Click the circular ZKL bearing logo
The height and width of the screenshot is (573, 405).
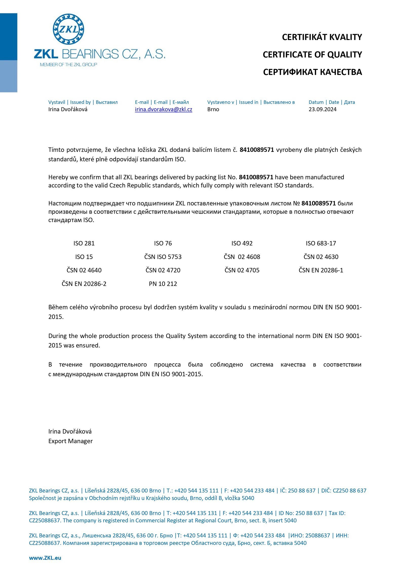coord(68,29)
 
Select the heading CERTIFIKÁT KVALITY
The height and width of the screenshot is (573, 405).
coord(322,37)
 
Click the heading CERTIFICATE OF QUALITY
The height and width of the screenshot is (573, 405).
coord(312,55)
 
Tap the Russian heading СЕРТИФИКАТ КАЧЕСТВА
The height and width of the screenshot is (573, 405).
coord(312,72)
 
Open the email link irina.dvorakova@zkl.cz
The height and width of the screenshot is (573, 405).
coord(163,109)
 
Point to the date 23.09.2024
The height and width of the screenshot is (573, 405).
coord(322,109)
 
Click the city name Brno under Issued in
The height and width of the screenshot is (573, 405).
coord(213,109)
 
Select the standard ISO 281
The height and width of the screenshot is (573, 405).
coord(84,243)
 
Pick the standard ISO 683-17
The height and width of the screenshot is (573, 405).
coord(321,243)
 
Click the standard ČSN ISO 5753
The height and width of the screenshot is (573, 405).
coord(163,257)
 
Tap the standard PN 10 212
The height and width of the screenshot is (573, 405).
coord(163,284)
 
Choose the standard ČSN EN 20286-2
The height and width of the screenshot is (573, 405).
coord(84,284)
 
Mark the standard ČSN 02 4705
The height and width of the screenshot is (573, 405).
coord(242,270)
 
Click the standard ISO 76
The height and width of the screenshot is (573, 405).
coord(163,243)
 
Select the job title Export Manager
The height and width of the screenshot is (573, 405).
coord(70,441)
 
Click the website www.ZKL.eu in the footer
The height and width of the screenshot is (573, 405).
coord(45,558)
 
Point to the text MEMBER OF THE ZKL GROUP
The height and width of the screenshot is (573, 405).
coord(68,65)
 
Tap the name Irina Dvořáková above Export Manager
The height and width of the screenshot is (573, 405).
coord(70,431)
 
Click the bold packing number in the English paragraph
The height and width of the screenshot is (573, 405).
coord(256,177)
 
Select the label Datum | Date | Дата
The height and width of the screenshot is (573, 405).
coord(332,102)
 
